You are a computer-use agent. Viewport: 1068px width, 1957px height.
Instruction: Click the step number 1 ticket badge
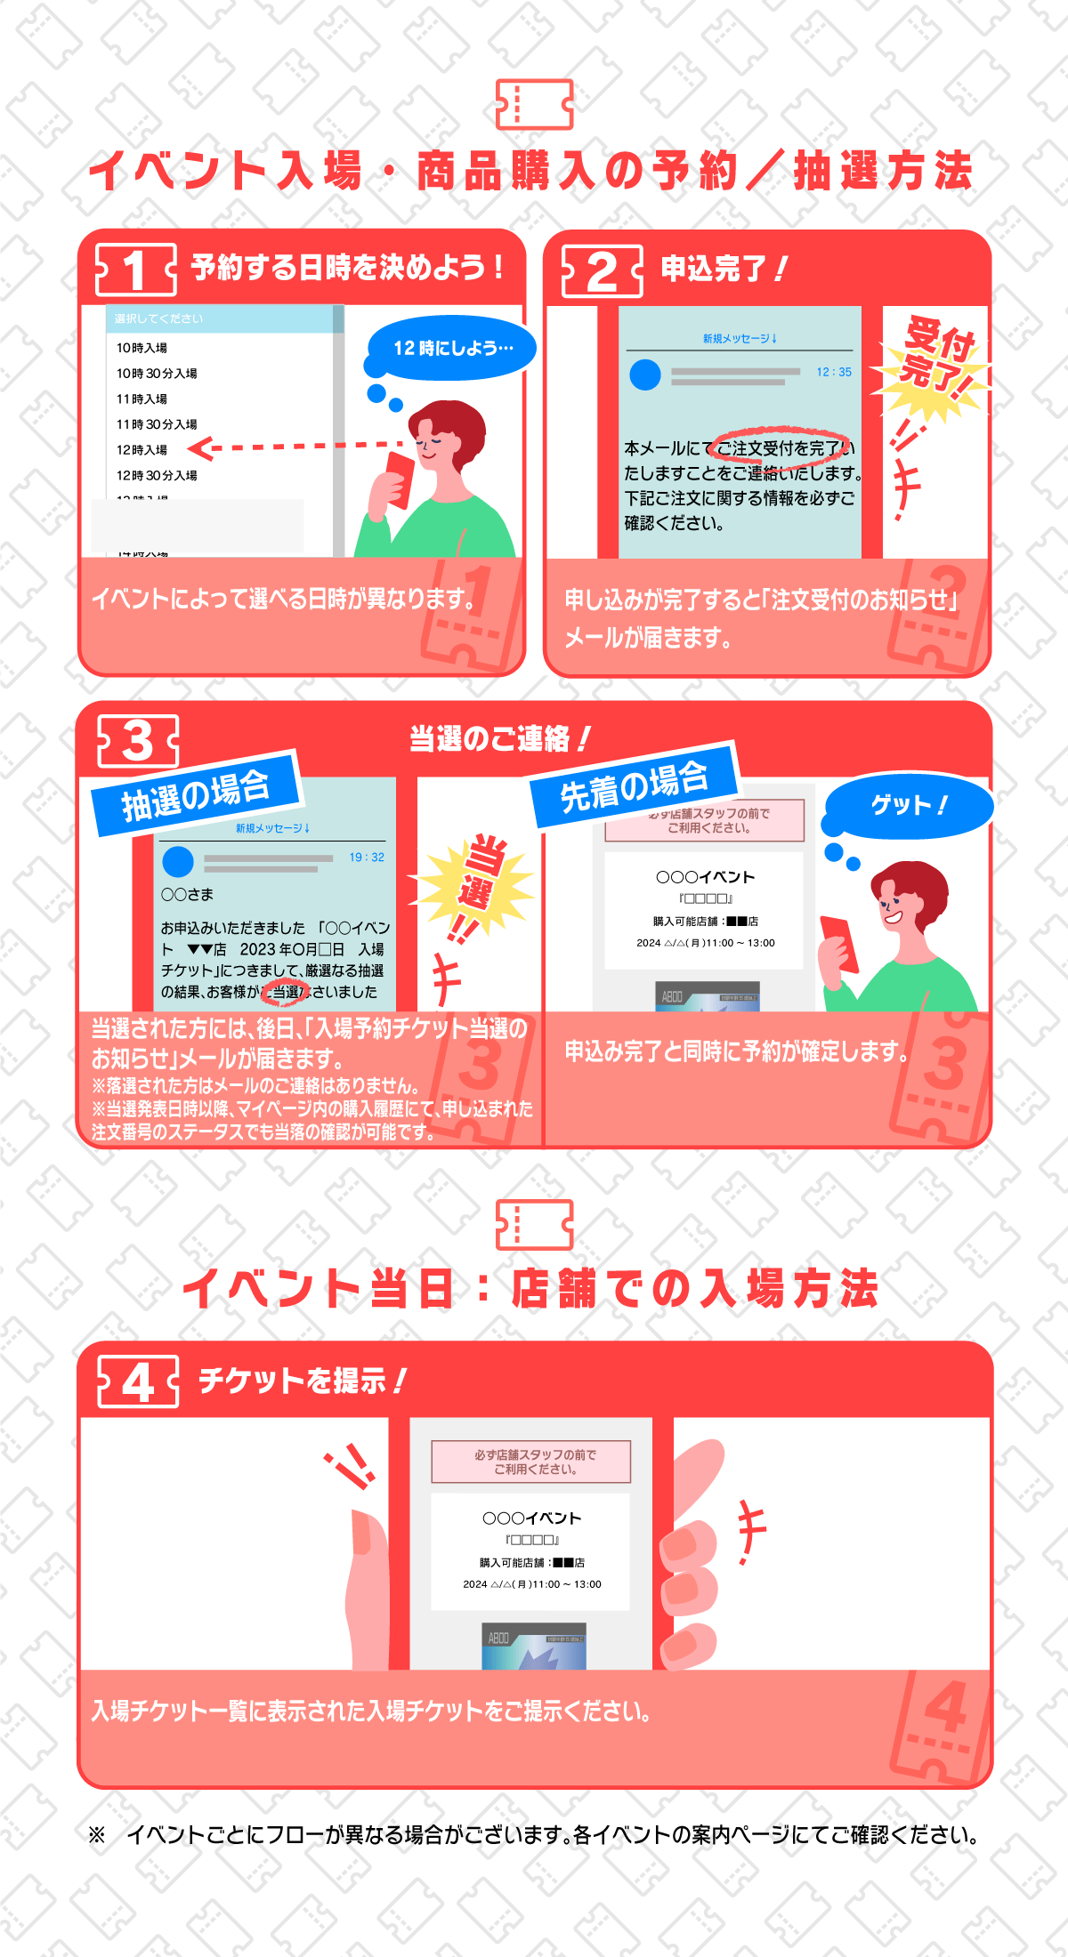click(135, 270)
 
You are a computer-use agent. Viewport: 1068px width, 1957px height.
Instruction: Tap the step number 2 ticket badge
click(602, 270)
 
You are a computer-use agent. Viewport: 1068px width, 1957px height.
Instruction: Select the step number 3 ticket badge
click(138, 740)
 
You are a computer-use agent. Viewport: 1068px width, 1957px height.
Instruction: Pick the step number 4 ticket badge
click(138, 1381)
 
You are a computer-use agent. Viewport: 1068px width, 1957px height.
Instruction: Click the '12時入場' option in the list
click(142, 450)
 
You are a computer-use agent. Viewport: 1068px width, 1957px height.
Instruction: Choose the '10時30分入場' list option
click(157, 374)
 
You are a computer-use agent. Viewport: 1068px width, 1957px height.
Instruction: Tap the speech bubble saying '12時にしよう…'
click(453, 348)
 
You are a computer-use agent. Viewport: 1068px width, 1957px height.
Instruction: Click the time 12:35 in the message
click(834, 373)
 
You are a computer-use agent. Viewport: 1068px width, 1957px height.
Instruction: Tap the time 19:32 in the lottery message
click(367, 858)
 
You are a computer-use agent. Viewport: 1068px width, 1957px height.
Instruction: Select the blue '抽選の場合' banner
click(196, 793)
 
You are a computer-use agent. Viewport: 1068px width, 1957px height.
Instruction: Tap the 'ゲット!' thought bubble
click(909, 805)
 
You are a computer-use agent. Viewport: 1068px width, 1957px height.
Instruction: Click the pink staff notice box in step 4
click(530, 1462)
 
